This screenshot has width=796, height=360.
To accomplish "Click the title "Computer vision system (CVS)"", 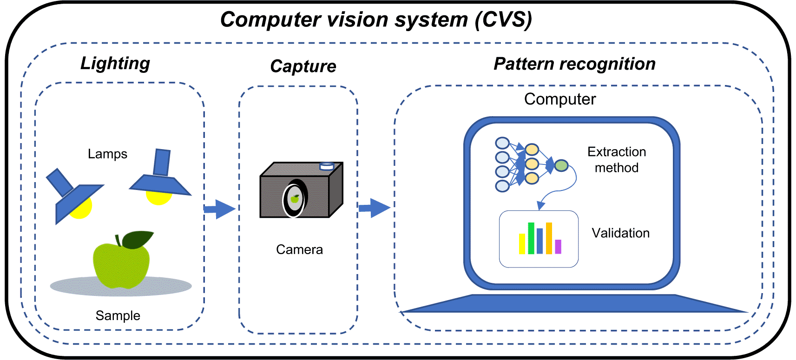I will pyautogui.click(x=376, y=20).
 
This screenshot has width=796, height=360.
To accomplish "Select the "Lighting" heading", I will pyautogui.click(x=115, y=64).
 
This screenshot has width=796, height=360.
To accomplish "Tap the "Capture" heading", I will pyautogui.click(x=303, y=66).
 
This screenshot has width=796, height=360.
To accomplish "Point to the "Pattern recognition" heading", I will pyautogui.click(x=574, y=64).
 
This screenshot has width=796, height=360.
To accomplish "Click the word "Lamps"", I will pyautogui.click(x=107, y=154).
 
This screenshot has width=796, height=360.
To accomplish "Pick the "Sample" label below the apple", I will pyautogui.click(x=118, y=315).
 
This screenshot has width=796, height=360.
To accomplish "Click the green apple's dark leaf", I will pyautogui.click(x=138, y=239).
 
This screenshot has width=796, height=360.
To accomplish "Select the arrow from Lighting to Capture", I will pyautogui.click(x=220, y=209).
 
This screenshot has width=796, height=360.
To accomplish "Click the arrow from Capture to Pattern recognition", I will pyautogui.click(x=374, y=208).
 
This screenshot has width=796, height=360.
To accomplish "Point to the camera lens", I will pyautogui.click(x=295, y=199).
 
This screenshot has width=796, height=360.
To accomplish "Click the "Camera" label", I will pyautogui.click(x=299, y=249).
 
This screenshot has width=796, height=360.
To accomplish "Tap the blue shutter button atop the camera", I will pyautogui.click(x=327, y=166).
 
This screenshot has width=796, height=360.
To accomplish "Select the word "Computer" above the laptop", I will pyautogui.click(x=560, y=99).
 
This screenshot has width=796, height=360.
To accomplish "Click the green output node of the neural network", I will pyautogui.click(x=561, y=165).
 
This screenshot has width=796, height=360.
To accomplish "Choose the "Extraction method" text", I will pyautogui.click(x=617, y=159).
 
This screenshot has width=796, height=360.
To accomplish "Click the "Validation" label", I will pyautogui.click(x=620, y=233).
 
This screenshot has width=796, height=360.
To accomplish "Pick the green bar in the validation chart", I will pyautogui.click(x=531, y=238).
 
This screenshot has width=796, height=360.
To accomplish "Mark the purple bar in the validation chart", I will pyautogui.click(x=558, y=247).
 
